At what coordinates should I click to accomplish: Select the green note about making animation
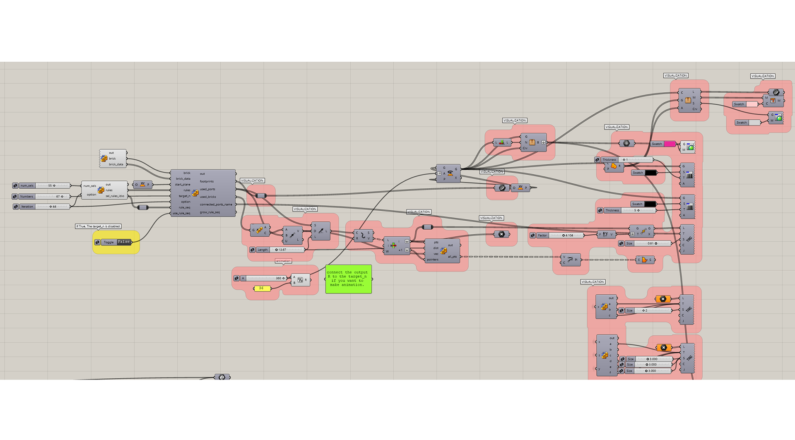coord(348,279)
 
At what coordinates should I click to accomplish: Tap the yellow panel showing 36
coord(262,288)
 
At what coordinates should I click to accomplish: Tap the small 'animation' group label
coord(283,261)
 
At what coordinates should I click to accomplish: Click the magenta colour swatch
coord(669,144)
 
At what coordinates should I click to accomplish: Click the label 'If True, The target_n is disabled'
coord(98,226)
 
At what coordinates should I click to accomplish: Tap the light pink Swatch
coord(752,104)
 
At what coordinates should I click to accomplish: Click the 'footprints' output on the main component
coord(207,181)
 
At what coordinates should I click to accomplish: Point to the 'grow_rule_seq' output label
coord(210,212)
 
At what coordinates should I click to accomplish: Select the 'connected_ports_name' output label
coord(216,204)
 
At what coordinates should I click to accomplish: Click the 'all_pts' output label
coord(452,257)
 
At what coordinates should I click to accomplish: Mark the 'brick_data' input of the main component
coord(183,179)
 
